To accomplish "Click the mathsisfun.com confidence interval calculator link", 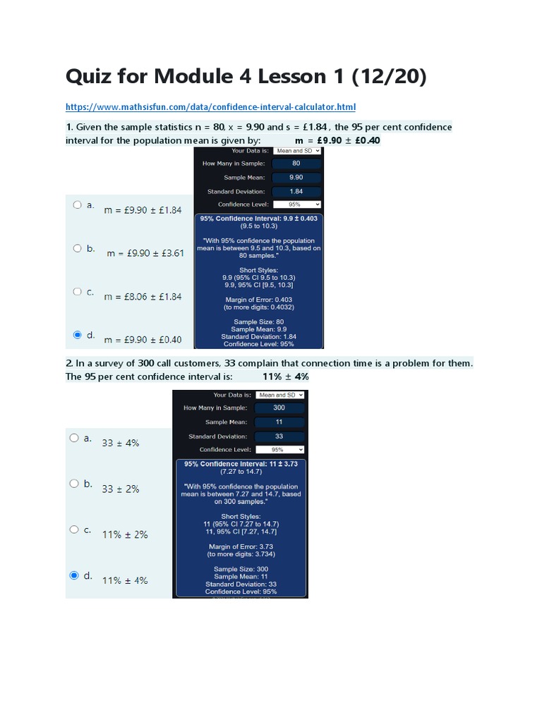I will pyautogui.click(x=210, y=107).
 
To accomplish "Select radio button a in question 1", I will pyautogui.click(x=77, y=205).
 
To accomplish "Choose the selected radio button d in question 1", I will pyautogui.click(x=77, y=335).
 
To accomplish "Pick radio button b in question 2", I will pyautogui.click(x=74, y=484).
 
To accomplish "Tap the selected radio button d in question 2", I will pyautogui.click(x=74, y=575).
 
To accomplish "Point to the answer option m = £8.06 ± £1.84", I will pyautogui.click(x=143, y=296).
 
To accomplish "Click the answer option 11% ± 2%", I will pyautogui.click(x=125, y=534).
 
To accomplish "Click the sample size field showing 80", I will pyautogui.click(x=296, y=164).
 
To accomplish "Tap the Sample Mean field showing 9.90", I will pyautogui.click(x=296, y=178).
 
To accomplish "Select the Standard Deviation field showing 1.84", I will pyautogui.click(x=296, y=192).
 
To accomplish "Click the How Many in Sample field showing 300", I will pyautogui.click(x=279, y=408).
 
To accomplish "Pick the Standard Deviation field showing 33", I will pyautogui.click(x=279, y=436).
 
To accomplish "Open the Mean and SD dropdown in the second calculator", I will pyautogui.click(x=280, y=396).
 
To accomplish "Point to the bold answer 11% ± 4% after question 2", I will pyautogui.click(x=285, y=377).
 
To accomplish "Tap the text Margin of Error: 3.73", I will pyautogui.click(x=241, y=546).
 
